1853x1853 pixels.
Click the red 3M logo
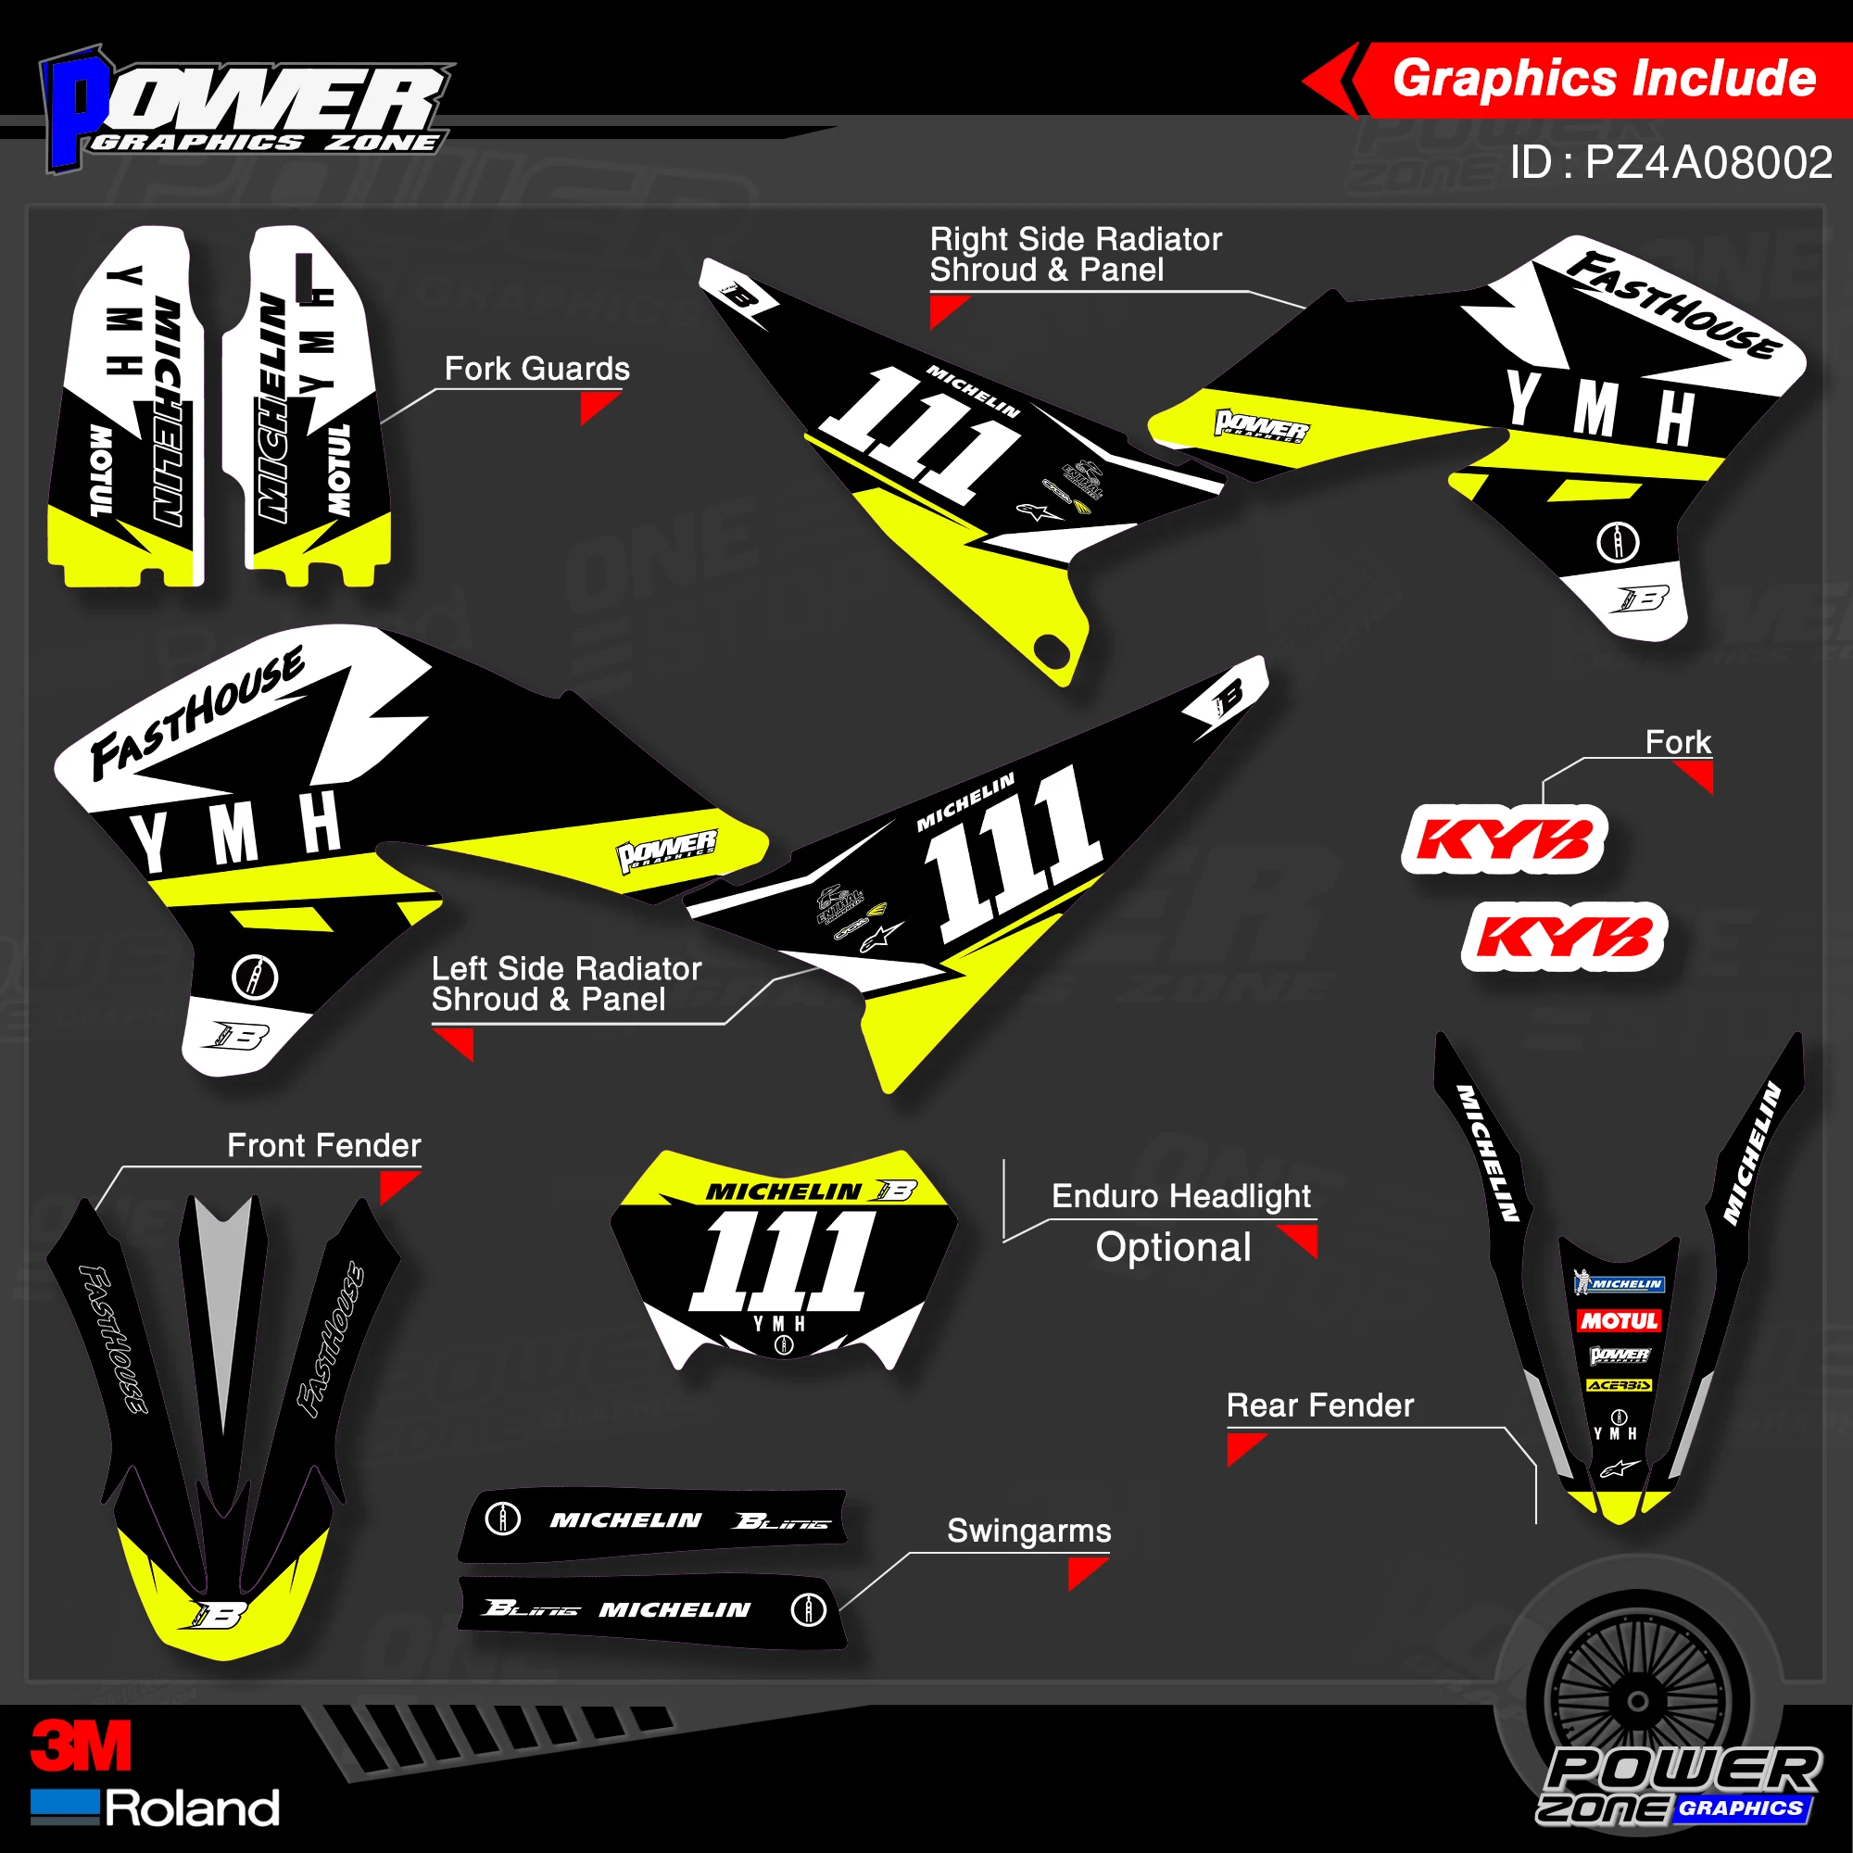pos(81,1746)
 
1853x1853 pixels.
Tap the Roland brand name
pos(192,1808)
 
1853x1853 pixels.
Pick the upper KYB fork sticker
pos(1504,839)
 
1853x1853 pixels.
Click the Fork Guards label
pos(536,370)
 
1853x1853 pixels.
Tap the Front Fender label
pos(323,1145)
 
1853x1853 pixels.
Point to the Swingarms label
pos(1028,1531)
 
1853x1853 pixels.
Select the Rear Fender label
pos(1318,1406)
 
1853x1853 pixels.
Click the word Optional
pos(1173,1248)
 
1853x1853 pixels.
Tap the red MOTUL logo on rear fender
pos(1619,1320)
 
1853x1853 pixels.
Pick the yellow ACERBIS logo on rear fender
pos(1619,1385)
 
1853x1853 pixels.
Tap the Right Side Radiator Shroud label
pos(1074,254)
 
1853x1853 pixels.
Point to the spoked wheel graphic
pos(1638,1700)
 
